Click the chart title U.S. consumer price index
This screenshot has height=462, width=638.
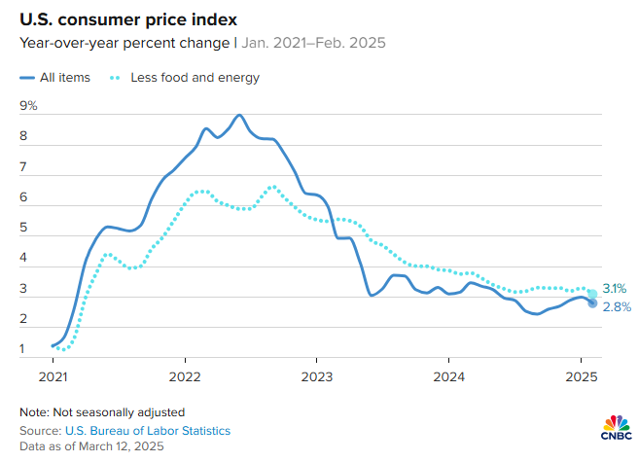click(116, 19)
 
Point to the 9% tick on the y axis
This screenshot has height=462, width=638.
click(27, 105)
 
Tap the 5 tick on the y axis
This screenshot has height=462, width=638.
click(23, 228)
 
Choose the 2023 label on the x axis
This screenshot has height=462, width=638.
click(316, 375)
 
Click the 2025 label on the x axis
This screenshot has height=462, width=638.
click(581, 375)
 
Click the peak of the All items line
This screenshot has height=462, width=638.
click(238, 115)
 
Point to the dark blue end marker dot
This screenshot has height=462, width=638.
click(592, 302)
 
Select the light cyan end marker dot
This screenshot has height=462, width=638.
click(592, 294)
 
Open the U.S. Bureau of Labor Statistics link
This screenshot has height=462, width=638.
click(148, 429)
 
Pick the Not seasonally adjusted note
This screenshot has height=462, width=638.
click(102, 411)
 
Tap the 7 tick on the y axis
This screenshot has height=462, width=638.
click(23, 166)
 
